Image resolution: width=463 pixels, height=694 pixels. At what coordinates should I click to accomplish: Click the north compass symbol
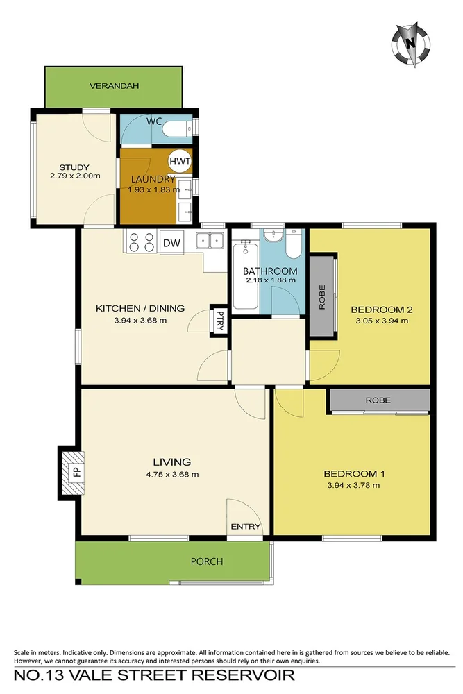[x=411, y=43]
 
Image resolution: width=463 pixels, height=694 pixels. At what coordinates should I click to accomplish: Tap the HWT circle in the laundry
[x=180, y=161]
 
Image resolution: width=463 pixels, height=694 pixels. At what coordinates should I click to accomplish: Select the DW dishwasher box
[x=171, y=242]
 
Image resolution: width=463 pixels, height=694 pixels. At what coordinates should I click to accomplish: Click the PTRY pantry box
[x=219, y=321]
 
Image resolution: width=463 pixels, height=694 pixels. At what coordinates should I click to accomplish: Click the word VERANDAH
[x=115, y=86]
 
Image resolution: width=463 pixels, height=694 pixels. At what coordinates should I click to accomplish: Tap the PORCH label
[x=207, y=561]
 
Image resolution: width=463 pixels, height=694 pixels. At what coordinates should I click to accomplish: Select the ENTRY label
[x=246, y=526]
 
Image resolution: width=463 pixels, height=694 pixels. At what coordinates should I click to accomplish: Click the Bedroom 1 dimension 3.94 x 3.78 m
[x=353, y=485]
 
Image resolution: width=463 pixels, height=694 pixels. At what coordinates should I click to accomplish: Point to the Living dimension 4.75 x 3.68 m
[x=172, y=475]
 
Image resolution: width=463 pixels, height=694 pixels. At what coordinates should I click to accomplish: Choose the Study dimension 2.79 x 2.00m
[x=75, y=176]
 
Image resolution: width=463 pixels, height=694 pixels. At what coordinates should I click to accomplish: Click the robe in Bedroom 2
[x=322, y=296]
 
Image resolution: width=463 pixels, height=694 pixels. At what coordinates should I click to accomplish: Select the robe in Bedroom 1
[x=378, y=400]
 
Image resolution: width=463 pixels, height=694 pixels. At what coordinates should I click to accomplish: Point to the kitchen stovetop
[x=141, y=242]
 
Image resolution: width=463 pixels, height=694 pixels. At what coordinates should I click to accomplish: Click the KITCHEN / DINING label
[x=140, y=309]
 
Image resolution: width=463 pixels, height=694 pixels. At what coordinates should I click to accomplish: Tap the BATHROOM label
[x=270, y=271]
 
